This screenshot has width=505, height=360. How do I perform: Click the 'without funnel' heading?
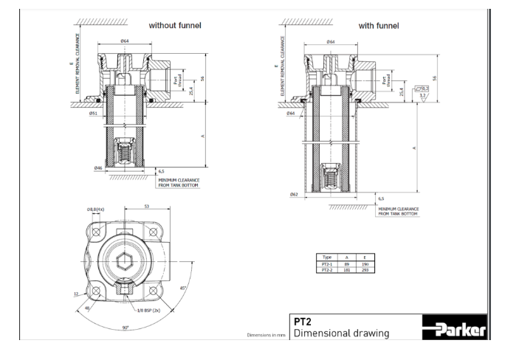pyautogui.click(x=175, y=25)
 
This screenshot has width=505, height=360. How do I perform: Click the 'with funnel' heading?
pyautogui.click(x=379, y=25)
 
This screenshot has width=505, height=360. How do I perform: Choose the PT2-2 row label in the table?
pyautogui.click(x=329, y=268)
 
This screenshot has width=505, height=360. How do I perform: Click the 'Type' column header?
pyautogui.click(x=329, y=256)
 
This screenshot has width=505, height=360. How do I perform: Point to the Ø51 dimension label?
pyautogui.click(x=94, y=114)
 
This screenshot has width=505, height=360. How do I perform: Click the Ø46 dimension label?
pyautogui.click(x=97, y=168)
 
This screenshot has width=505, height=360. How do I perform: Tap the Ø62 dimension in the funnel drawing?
pyautogui.click(x=295, y=195)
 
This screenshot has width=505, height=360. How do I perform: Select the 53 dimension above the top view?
pyautogui.click(x=148, y=207)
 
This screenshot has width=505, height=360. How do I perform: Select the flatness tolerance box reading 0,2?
pyautogui.click(x=424, y=87)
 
